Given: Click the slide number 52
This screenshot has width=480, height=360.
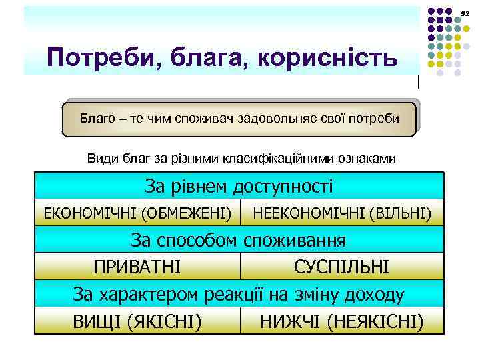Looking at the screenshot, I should click(x=465, y=13).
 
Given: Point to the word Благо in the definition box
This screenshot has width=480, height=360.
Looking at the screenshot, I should click(x=96, y=119).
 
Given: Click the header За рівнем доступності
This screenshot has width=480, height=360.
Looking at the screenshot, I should click(x=239, y=186).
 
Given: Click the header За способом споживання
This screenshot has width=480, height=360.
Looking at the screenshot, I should click(x=239, y=239).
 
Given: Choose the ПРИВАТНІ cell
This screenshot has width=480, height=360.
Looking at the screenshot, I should click(x=137, y=267).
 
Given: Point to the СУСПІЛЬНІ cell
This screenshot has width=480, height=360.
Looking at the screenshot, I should click(x=341, y=267).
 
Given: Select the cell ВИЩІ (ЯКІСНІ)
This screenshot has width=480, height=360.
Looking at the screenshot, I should click(x=137, y=321).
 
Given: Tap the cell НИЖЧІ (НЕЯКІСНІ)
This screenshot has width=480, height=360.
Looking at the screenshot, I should click(x=341, y=321).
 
